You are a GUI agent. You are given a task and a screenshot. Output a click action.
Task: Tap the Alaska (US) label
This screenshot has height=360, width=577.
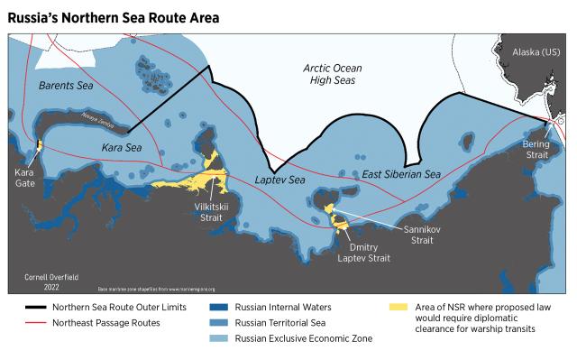[539, 53]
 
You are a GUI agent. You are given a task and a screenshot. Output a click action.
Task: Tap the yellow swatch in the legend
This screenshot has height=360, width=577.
[396, 308]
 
